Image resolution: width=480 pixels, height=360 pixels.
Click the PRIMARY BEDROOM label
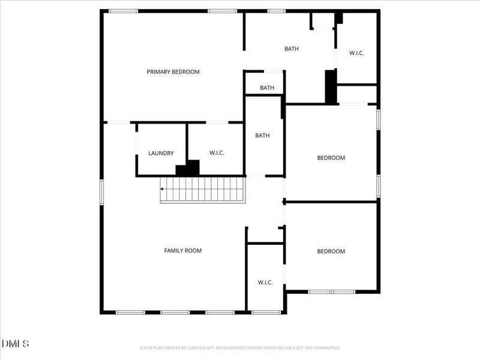click(173, 72)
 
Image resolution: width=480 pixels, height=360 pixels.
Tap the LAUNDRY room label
click(161, 153)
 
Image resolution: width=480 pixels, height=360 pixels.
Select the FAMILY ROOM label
click(183, 250)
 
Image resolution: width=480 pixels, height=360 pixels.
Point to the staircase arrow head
click(162, 189)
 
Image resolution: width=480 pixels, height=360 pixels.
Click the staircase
click(203, 190)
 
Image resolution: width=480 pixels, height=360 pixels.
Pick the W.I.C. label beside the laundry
click(217, 153)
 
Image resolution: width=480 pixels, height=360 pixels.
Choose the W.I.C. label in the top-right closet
click(356, 53)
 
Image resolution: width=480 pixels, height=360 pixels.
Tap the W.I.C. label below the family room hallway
click(265, 282)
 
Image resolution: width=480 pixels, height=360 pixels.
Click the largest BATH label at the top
click(292, 49)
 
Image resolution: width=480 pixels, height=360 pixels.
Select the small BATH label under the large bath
click(267, 88)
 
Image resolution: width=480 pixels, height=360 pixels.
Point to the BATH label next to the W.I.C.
click(262, 135)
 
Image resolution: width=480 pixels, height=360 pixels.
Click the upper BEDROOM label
click(331, 158)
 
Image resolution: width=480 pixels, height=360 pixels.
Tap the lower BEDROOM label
click(331, 251)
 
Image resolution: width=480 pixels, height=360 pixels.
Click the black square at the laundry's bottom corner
click(187, 168)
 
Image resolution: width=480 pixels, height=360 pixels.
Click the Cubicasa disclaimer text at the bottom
click(240, 347)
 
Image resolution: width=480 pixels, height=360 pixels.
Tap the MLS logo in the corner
click(16, 344)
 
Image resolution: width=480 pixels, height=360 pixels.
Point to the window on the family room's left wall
click(101, 192)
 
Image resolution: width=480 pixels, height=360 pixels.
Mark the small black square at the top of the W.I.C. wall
click(339, 18)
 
